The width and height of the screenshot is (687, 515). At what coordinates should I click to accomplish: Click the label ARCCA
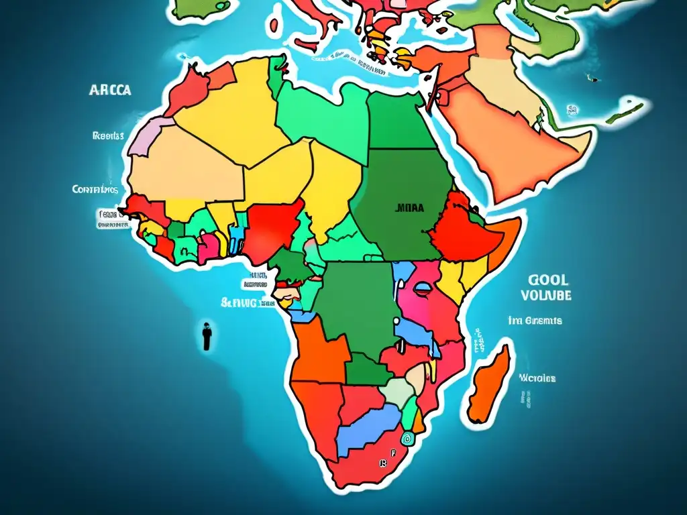[x=110, y=91]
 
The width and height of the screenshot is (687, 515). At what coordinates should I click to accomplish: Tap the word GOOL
[x=547, y=280]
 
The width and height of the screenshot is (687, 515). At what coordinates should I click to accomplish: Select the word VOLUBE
[x=546, y=294]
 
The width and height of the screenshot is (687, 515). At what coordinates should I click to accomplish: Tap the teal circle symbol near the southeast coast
[x=407, y=437]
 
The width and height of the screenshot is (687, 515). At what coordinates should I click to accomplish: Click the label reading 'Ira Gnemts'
[x=535, y=321]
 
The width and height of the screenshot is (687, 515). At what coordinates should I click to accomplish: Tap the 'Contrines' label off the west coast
[x=95, y=190]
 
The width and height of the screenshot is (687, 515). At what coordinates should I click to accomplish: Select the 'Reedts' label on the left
[x=108, y=135]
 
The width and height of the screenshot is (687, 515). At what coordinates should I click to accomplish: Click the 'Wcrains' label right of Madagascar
[x=537, y=378]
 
